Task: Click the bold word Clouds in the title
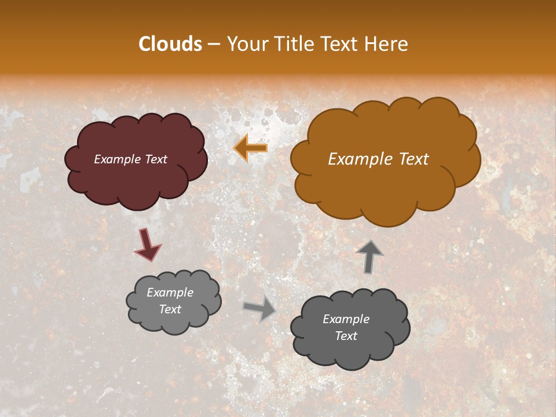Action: [170, 44]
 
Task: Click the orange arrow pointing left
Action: [251, 148]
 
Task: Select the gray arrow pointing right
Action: [260, 309]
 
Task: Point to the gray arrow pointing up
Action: [370, 256]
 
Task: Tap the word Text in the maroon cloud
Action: [156, 159]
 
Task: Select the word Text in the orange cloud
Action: [412, 159]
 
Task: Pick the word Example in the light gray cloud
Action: [170, 292]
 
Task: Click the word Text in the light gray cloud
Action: [170, 309]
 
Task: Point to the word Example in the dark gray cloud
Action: [346, 319]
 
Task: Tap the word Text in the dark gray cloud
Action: [346, 336]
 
